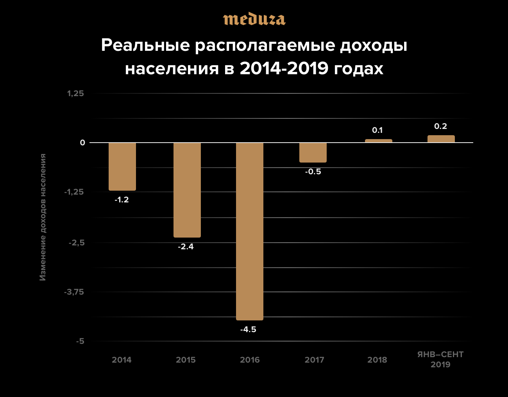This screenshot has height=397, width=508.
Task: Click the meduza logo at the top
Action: coord(254,19)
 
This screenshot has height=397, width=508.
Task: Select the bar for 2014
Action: coord(122,166)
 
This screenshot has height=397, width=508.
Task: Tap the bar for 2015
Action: coord(187,190)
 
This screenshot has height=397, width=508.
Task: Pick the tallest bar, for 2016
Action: coord(250,231)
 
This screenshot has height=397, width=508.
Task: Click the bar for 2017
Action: coord(313,152)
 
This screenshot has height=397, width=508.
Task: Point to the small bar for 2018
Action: coord(378,141)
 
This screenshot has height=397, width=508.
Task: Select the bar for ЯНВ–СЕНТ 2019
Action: coord(441,139)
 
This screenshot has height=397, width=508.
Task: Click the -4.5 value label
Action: coord(248,329)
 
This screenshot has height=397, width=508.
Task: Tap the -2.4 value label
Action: coord(186,247)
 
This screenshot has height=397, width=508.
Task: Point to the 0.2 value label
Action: coord(440,126)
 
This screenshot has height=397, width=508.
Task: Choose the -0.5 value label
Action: coord(313,172)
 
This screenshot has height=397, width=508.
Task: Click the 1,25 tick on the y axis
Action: coord(75,93)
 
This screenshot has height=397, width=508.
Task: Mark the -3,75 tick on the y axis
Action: coord(74,292)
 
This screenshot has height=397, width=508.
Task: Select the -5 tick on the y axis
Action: coord(80,341)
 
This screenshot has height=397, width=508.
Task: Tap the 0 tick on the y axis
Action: coord(82,143)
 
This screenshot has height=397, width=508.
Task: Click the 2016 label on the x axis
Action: coord(250,360)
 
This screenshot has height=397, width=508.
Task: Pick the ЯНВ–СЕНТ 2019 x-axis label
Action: coord(440,359)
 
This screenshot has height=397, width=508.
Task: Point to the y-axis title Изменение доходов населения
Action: coord(43,217)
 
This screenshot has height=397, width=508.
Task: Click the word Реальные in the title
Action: coord(146,45)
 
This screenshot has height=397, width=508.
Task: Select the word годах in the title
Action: coord(358,68)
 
